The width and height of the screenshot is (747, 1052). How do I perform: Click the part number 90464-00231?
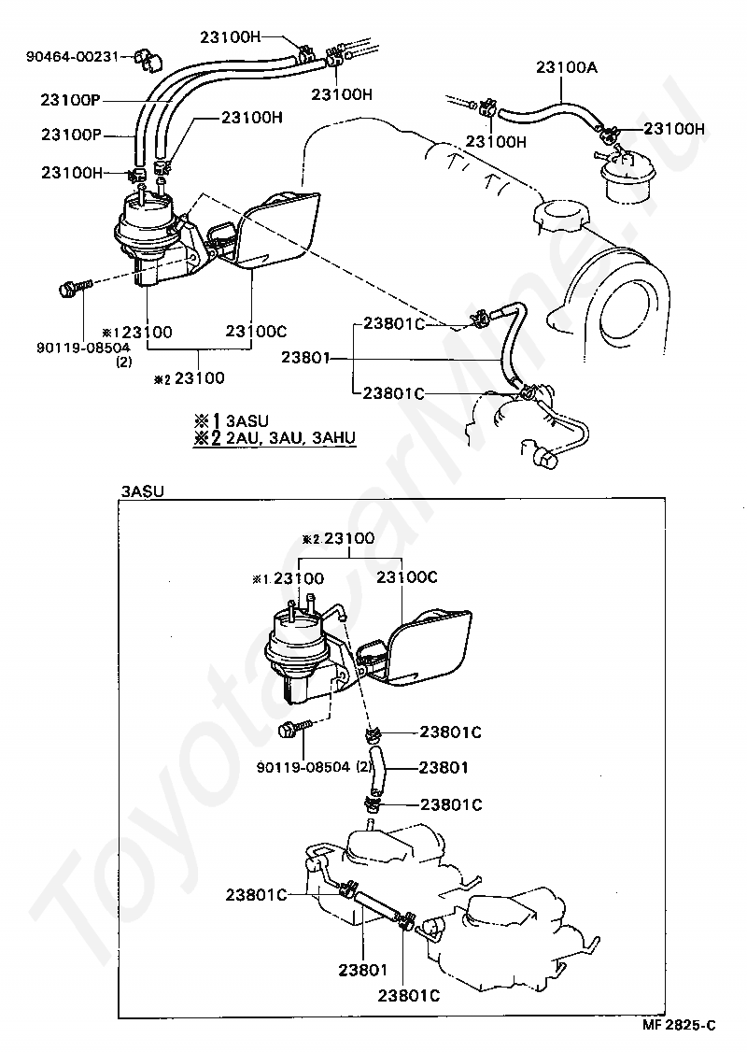[71, 56]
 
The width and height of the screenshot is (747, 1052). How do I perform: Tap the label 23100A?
[567, 67]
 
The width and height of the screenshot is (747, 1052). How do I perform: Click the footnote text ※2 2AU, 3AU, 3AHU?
[275, 439]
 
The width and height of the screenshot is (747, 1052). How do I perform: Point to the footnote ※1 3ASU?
[232, 420]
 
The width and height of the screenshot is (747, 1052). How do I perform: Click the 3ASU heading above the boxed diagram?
[142, 490]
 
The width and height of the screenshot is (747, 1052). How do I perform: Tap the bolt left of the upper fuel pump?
[73, 290]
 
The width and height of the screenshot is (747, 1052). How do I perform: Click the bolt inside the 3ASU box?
[295, 729]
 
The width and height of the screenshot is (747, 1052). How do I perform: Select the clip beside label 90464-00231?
[148, 59]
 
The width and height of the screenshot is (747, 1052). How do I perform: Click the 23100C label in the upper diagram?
[256, 332]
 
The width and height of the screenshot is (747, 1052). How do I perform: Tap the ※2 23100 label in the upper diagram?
[190, 378]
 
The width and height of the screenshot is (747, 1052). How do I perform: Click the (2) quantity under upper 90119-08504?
[123, 363]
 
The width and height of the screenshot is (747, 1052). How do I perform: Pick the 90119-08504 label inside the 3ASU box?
[303, 766]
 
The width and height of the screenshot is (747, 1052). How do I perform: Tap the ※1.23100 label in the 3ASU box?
[289, 578]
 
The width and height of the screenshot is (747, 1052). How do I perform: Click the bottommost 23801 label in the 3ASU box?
[363, 970]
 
